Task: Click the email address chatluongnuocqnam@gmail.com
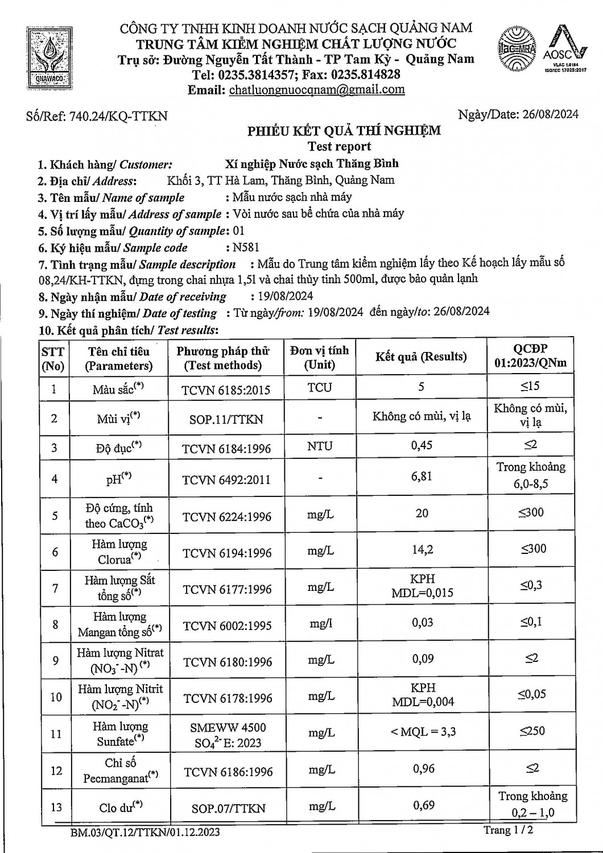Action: [x=317, y=89]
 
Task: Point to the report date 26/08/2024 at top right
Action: [x=548, y=114]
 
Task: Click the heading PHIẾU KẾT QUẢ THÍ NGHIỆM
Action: [x=344, y=131]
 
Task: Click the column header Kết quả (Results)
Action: [x=421, y=357]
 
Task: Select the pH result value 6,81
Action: [x=422, y=476]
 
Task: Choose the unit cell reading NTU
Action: [x=320, y=446]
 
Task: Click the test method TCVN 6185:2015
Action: [x=226, y=390]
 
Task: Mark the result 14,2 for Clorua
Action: [x=422, y=549]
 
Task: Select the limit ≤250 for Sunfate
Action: [x=532, y=730]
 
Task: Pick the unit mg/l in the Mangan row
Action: [x=320, y=624]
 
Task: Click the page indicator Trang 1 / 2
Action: [x=509, y=830]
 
